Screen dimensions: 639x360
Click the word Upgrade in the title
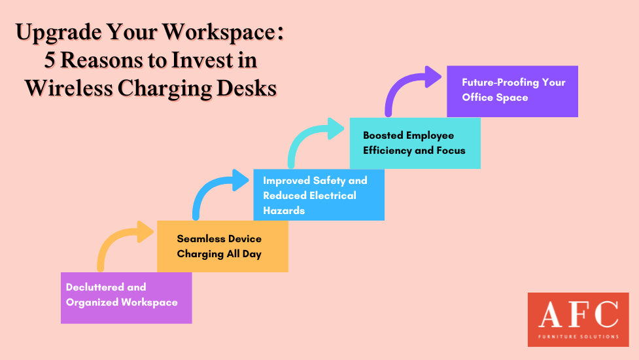tap(58, 33)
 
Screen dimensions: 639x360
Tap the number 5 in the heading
tap(49, 60)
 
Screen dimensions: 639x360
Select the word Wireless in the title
tap(68, 88)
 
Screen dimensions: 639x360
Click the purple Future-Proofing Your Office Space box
tap(512, 92)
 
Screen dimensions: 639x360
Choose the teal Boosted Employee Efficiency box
tap(415, 143)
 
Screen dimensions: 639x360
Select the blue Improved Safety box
tap(319, 195)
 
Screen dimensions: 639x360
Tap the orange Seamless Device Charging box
tap(222, 246)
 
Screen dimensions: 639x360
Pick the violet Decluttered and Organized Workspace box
tap(126, 298)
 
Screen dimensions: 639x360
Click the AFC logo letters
tap(578, 314)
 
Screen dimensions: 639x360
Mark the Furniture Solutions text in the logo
tap(578, 336)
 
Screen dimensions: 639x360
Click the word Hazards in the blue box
tap(284, 211)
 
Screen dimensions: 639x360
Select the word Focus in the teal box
tap(451, 151)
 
